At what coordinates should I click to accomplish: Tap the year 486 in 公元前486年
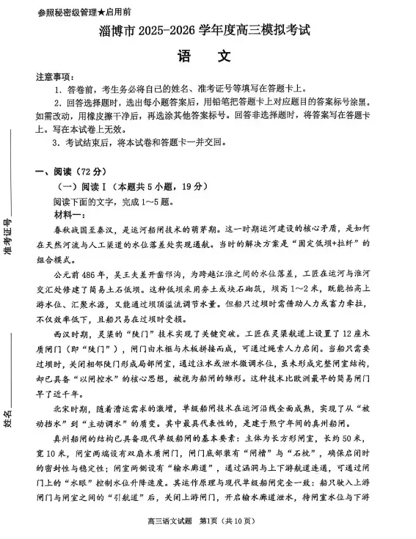pyautogui.click(x=84, y=271)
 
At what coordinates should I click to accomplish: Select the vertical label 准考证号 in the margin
pyautogui.click(x=10, y=238)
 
